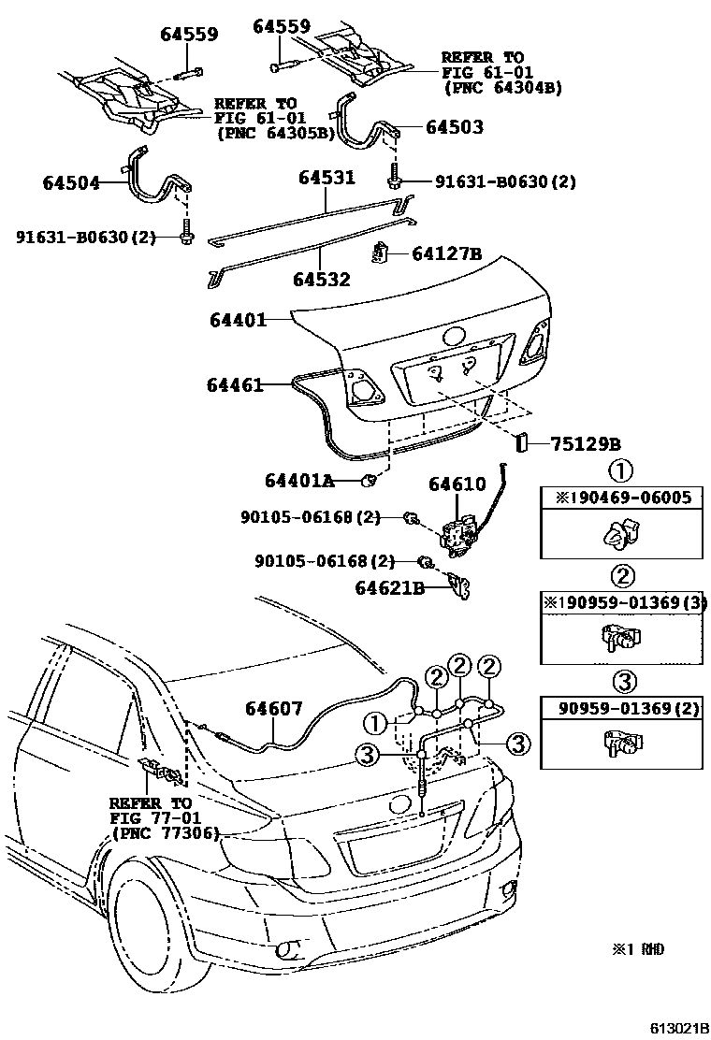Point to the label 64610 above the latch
[457, 484]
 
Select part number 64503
[455, 127]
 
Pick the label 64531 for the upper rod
[326, 177]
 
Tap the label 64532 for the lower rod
[321, 279]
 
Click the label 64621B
[390, 588]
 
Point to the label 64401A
[299, 481]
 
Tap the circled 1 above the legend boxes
[622, 469]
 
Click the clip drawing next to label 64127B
[382, 253]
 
